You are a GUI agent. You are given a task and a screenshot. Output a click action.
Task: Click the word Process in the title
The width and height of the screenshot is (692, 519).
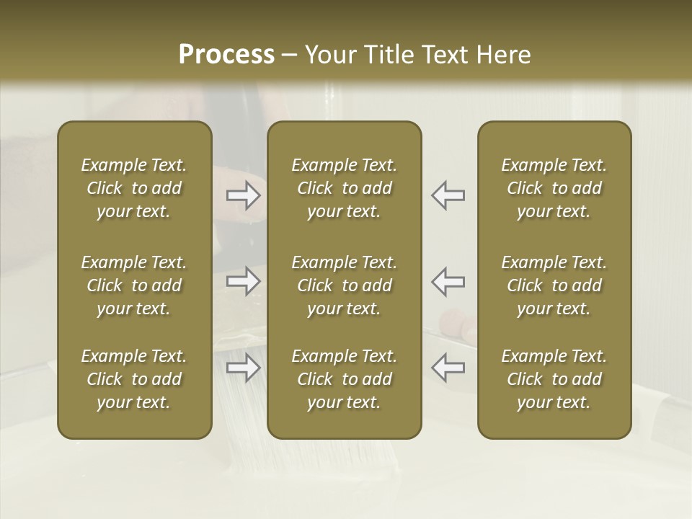(x=226, y=55)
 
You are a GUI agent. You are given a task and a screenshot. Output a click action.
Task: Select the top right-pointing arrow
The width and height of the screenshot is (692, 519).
(x=244, y=195)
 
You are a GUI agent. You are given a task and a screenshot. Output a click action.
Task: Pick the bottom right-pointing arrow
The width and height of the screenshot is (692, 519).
(x=244, y=368)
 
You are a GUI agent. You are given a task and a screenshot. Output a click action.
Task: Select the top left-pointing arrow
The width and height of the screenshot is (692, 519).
(x=448, y=195)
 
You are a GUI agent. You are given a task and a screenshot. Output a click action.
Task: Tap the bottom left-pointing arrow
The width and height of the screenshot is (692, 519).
(x=448, y=368)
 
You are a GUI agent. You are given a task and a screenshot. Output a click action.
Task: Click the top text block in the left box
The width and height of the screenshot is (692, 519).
(x=134, y=188)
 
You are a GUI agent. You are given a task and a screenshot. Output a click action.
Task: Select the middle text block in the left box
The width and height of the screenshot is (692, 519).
(x=134, y=285)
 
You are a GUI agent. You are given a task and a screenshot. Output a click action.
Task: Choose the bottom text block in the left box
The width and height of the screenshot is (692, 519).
(x=134, y=379)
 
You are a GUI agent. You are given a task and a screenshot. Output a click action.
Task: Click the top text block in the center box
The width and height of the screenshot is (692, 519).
(x=345, y=188)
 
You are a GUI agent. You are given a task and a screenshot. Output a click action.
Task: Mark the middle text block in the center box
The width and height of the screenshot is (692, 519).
(x=345, y=285)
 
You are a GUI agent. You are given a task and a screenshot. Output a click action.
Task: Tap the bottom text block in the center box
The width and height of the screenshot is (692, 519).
(x=345, y=379)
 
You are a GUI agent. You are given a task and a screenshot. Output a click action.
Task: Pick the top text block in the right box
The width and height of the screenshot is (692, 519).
(x=554, y=188)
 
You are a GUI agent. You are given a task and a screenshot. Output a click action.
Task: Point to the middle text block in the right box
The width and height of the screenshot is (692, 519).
(x=554, y=285)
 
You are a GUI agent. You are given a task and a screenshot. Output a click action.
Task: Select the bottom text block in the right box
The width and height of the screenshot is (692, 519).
(x=554, y=379)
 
